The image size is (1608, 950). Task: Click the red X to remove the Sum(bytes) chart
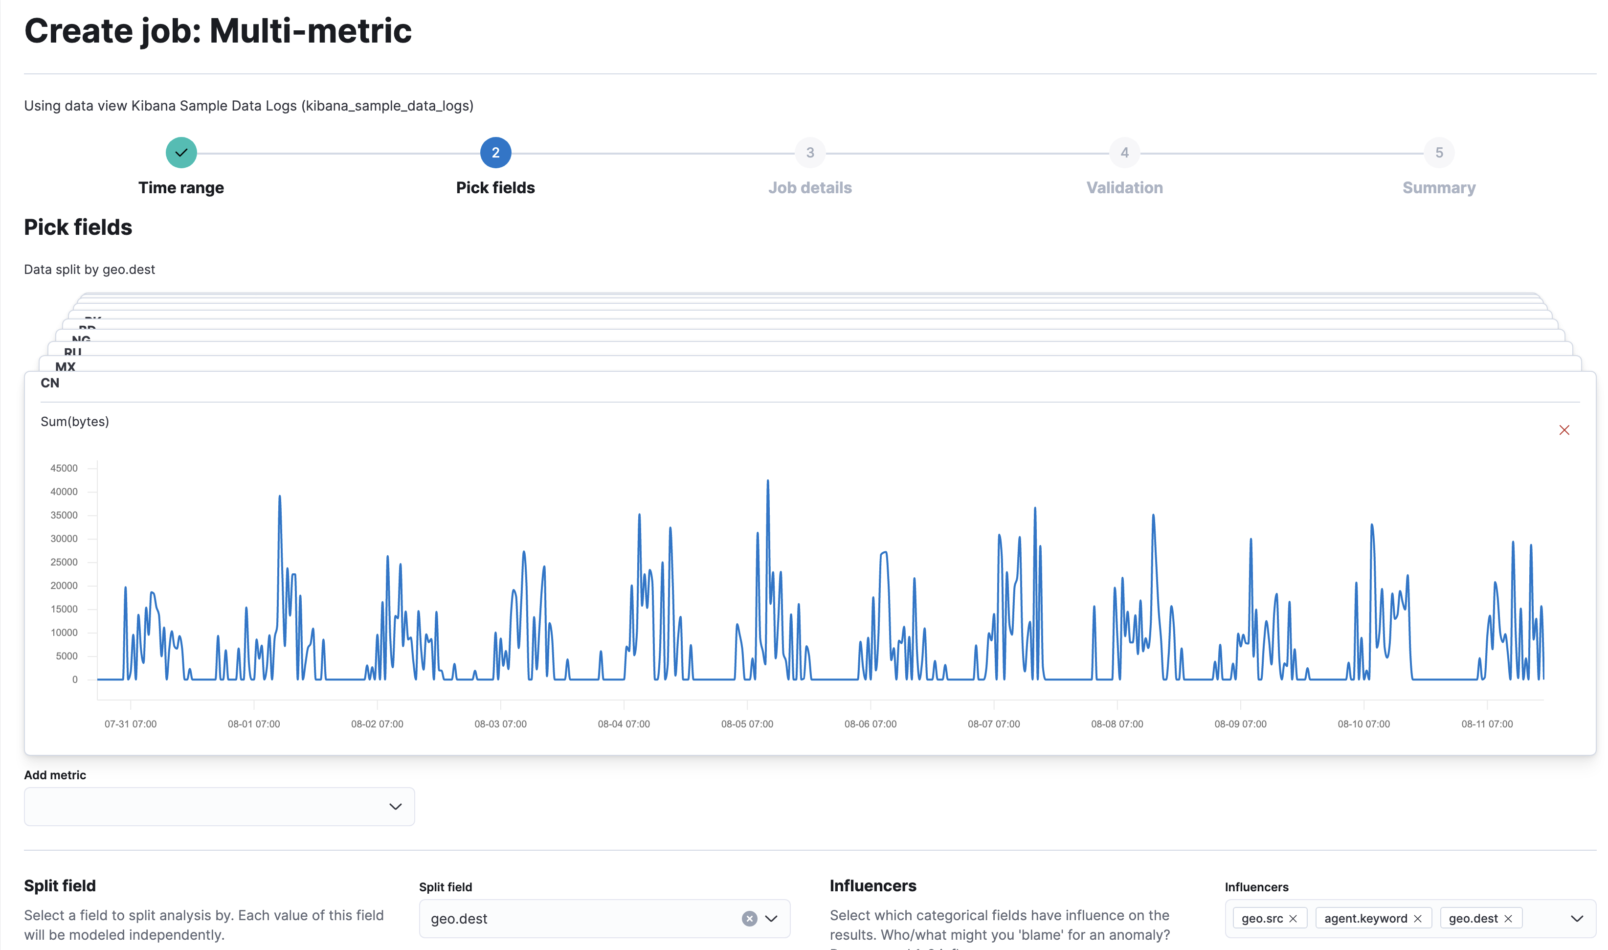pyautogui.click(x=1564, y=430)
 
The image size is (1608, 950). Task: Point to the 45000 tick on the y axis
pyautogui.click(x=64, y=469)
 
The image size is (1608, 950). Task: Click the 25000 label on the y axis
pyautogui.click(x=64, y=562)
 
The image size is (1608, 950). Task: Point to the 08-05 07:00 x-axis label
pyautogui.click(x=747, y=724)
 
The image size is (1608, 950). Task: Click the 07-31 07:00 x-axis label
pyautogui.click(x=131, y=724)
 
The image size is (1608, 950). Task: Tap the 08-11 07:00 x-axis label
pyautogui.click(x=1486, y=724)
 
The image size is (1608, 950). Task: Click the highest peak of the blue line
pyautogui.click(x=768, y=481)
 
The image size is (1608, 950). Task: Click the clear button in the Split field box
pyautogui.click(x=749, y=919)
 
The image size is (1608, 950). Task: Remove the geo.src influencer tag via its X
pyautogui.click(x=1293, y=919)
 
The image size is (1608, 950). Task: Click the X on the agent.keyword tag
pyautogui.click(x=1417, y=919)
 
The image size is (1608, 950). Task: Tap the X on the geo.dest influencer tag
pyautogui.click(x=1508, y=919)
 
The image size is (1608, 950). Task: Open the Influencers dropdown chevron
pyautogui.click(x=1577, y=919)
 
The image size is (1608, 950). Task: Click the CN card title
pyautogui.click(x=50, y=383)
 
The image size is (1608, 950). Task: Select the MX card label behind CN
pyautogui.click(x=65, y=367)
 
